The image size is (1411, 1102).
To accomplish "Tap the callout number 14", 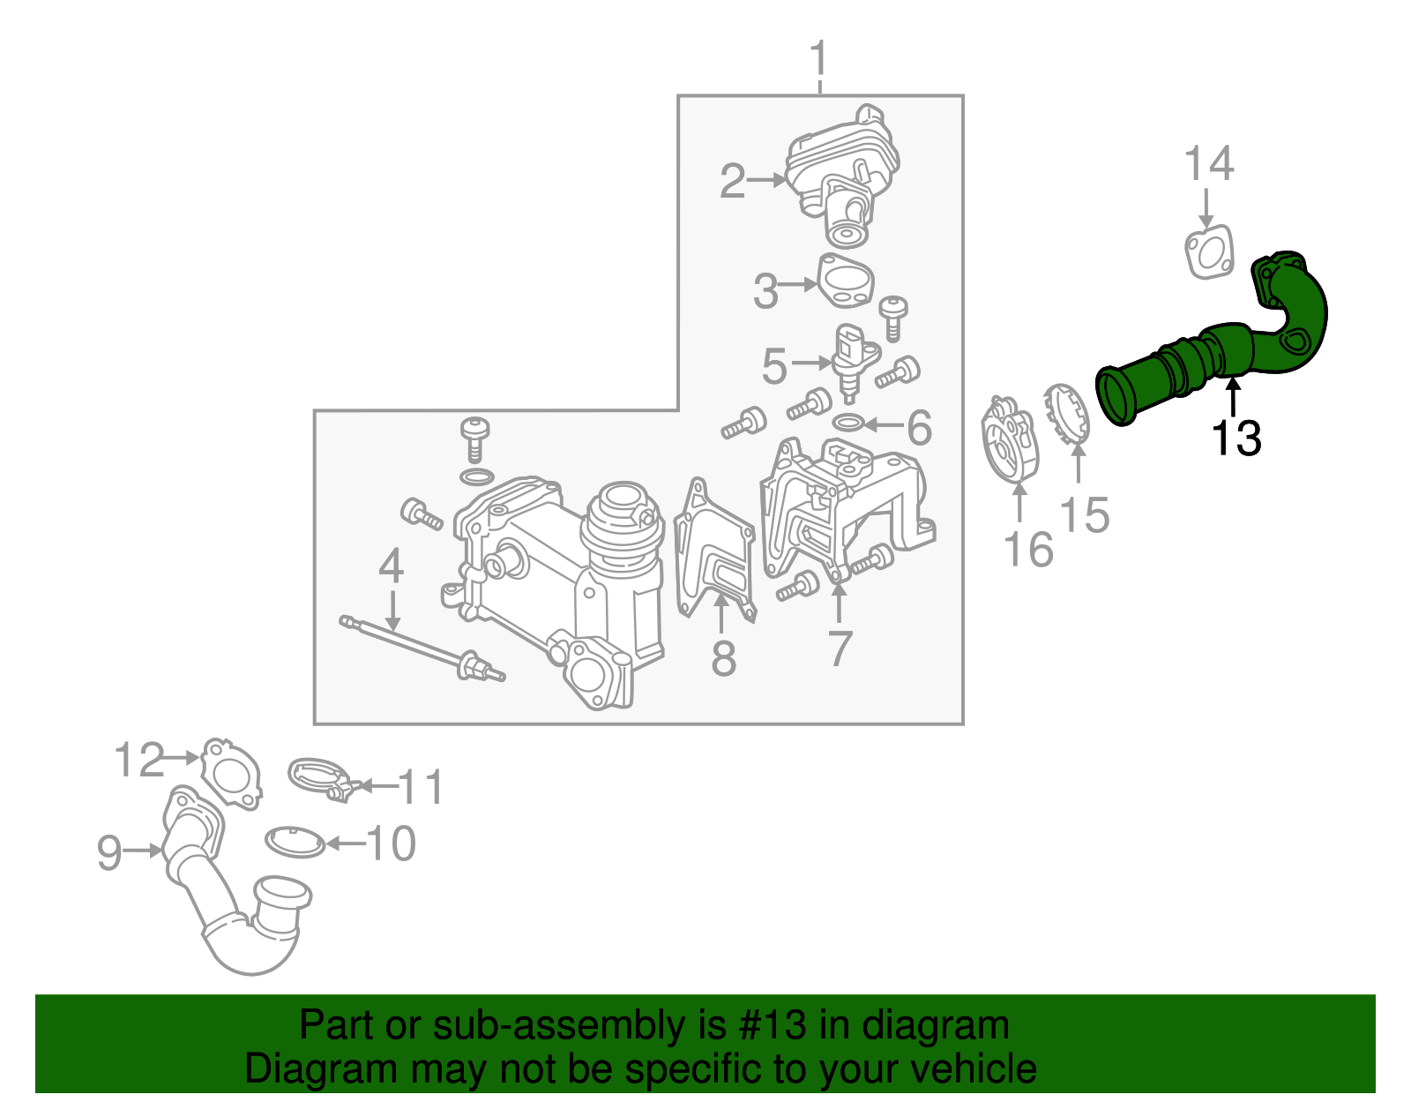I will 1208,164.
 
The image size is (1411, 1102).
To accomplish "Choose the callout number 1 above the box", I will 819,59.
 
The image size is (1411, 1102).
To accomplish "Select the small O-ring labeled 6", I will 847,423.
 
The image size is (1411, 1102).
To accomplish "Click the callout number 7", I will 840,648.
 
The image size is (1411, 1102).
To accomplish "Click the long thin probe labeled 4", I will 414,644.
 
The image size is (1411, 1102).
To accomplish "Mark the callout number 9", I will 109,852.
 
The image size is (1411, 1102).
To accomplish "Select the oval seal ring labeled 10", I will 295,842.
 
